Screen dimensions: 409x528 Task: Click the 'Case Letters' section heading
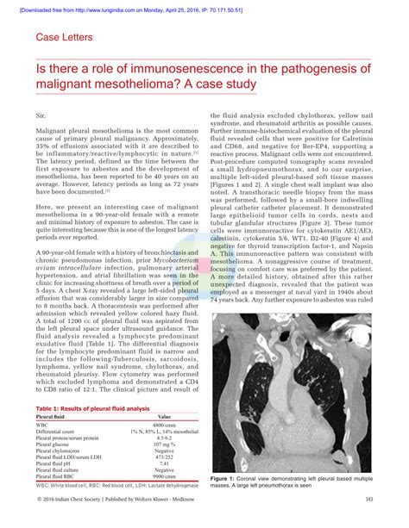click(70, 38)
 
